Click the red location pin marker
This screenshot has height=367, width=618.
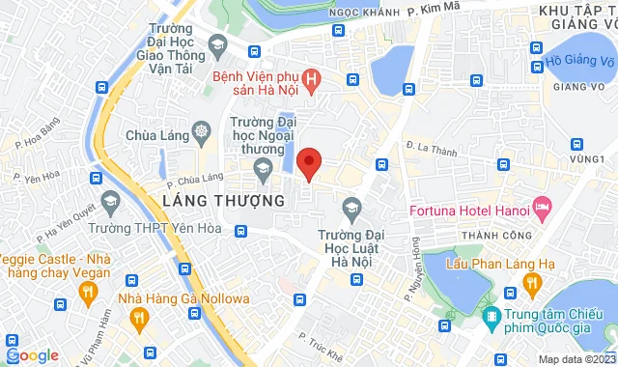tap(309, 162)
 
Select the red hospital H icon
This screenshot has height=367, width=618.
tap(312, 78)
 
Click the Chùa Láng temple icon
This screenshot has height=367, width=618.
tap(201, 130)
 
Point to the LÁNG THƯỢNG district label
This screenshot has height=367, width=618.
tap(215, 201)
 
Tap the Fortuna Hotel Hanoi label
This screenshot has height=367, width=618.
tap(466, 207)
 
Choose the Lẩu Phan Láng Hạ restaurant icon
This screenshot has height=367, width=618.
tap(529, 281)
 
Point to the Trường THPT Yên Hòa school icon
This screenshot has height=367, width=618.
tap(110, 202)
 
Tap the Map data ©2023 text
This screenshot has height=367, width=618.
tap(576, 359)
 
